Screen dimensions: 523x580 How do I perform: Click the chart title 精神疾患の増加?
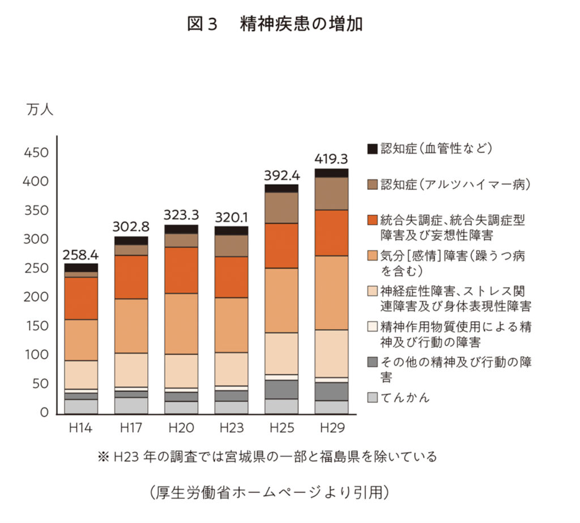[301, 25]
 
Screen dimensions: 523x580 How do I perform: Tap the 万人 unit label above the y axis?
[39, 109]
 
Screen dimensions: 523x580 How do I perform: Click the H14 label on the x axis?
[81, 427]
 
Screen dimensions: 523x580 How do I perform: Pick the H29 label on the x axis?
[331, 427]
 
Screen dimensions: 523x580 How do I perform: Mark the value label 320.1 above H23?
[232, 217]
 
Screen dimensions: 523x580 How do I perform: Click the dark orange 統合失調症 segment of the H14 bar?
[81, 298]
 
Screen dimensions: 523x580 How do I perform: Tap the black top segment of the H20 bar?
[181, 229]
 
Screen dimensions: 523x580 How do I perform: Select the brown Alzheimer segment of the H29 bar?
[332, 193]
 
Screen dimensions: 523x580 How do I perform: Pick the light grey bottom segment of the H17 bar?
[131, 406]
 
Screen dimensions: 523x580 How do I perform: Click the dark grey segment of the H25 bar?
[282, 389]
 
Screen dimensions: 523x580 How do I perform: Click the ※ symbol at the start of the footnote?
[103, 457]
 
